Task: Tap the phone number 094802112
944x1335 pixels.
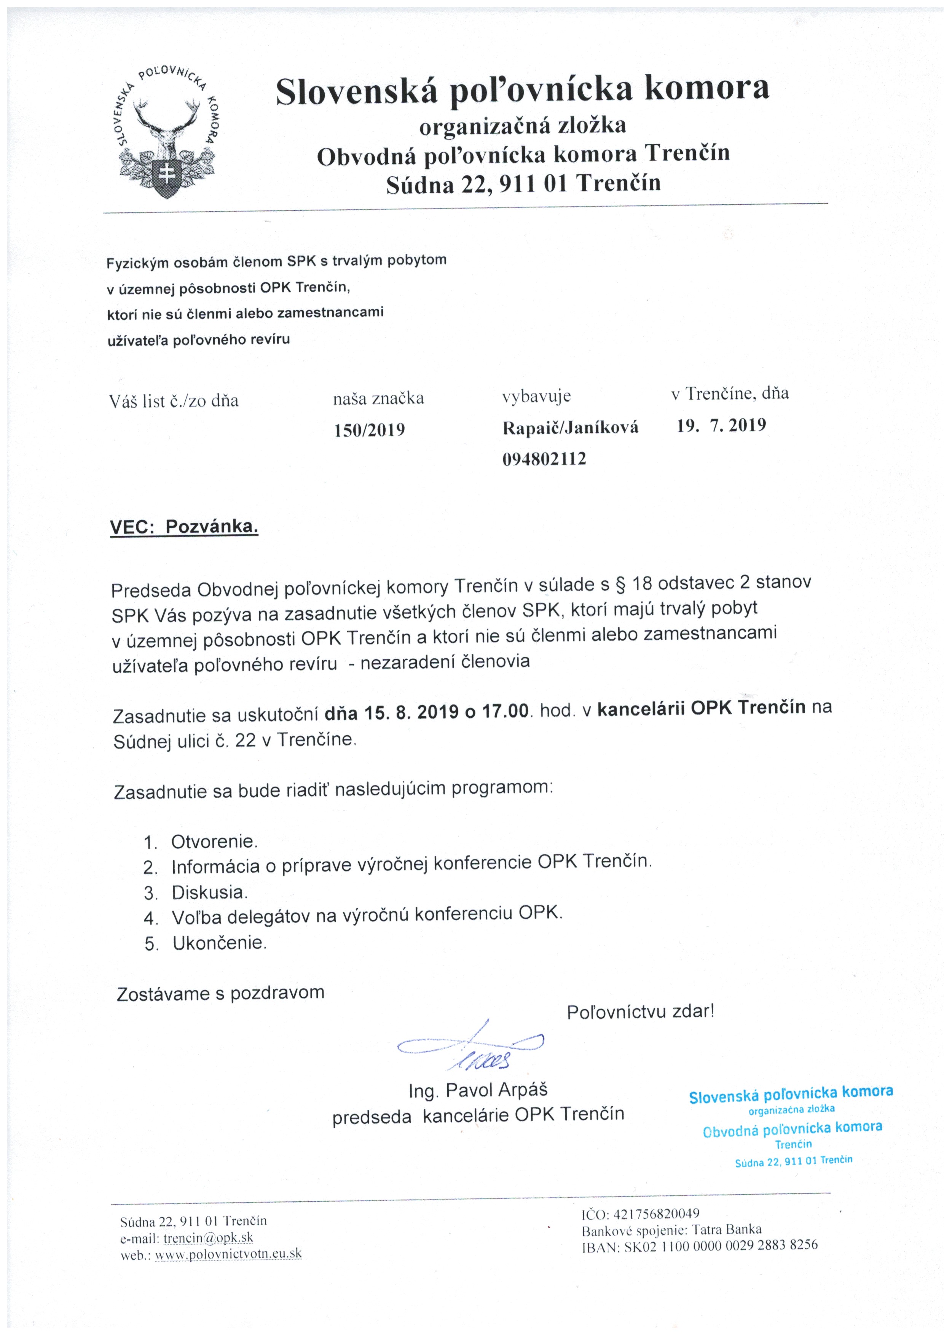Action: pos(544,459)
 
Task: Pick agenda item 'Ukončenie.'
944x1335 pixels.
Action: pos(219,943)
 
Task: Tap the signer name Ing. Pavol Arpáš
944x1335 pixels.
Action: pos(478,1090)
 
